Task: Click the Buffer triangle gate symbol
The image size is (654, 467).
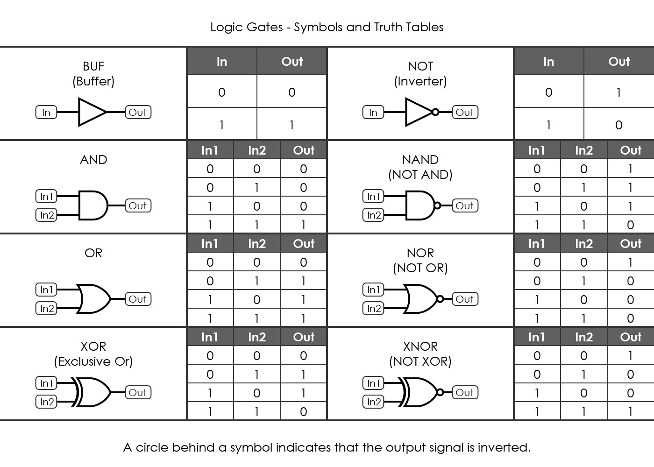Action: click(92, 112)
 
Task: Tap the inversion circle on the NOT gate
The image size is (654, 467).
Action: click(435, 112)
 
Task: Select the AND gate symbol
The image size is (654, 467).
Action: click(92, 205)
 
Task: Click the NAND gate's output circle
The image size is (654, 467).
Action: click(437, 205)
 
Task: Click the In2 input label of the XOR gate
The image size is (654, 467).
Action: click(47, 402)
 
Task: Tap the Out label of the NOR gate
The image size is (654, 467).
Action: click(465, 299)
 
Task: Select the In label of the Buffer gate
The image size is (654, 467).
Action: click(46, 112)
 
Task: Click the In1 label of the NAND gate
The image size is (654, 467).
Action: click(374, 196)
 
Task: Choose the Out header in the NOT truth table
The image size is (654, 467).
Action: click(619, 61)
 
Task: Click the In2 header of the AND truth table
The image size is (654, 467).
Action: click(257, 150)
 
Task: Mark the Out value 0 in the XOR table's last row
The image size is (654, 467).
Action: click(304, 411)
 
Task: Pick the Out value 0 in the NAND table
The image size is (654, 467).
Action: click(631, 225)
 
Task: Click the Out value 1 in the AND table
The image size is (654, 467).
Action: click(304, 225)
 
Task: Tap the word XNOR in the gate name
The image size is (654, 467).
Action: click(420, 347)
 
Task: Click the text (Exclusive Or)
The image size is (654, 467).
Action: click(93, 361)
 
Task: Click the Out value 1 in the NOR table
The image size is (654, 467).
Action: click(631, 262)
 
